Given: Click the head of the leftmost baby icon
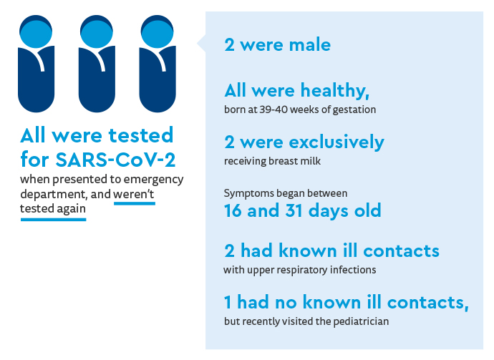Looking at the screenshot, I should pos(37,32).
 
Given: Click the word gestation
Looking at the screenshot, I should pos(352,110).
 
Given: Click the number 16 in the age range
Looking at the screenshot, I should pos(233,211).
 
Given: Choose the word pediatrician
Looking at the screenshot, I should pos(361,321).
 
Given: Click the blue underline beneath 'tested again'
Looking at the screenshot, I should pos(54,219).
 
